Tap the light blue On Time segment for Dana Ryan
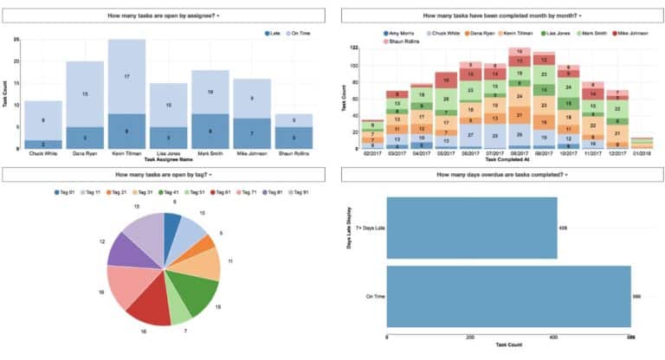[x=85, y=93]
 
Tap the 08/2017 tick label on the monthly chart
[x=520, y=155]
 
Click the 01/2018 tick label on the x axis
[x=642, y=155]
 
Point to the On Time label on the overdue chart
[x=375, y=296]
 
